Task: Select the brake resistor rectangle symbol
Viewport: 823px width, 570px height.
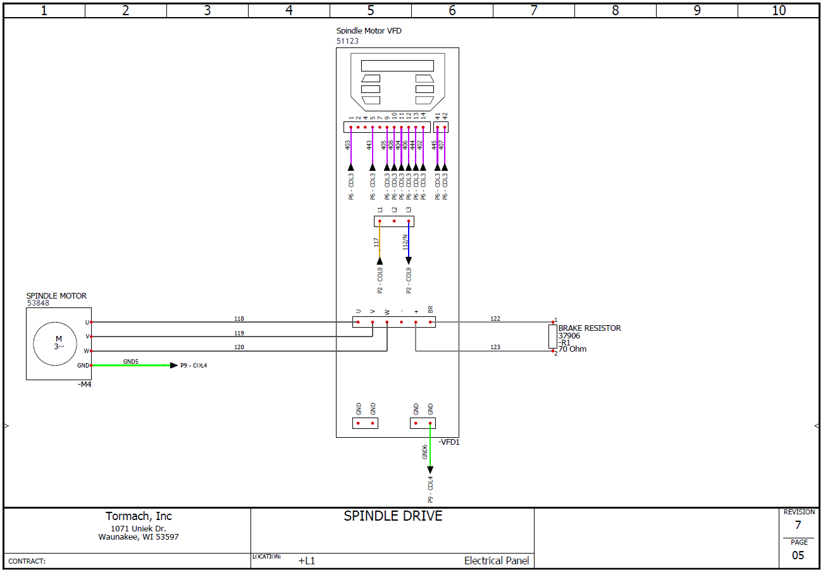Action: [x=553, y=337]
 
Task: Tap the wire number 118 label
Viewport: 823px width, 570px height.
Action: [x=239, y=319]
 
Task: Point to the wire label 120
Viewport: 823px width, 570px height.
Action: [x=239, y=347]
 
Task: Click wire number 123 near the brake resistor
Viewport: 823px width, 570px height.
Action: [x=495, y=347]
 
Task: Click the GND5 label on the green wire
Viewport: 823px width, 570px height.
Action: [x=131, y=362]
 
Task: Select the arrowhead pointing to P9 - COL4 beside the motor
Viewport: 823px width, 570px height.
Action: [x=174, y=365]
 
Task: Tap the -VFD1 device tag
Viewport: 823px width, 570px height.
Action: [x=449, y=442]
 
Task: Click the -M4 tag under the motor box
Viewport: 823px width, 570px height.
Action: [x=85, y=385]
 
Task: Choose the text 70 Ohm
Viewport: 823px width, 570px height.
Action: [x=572, y=349]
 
